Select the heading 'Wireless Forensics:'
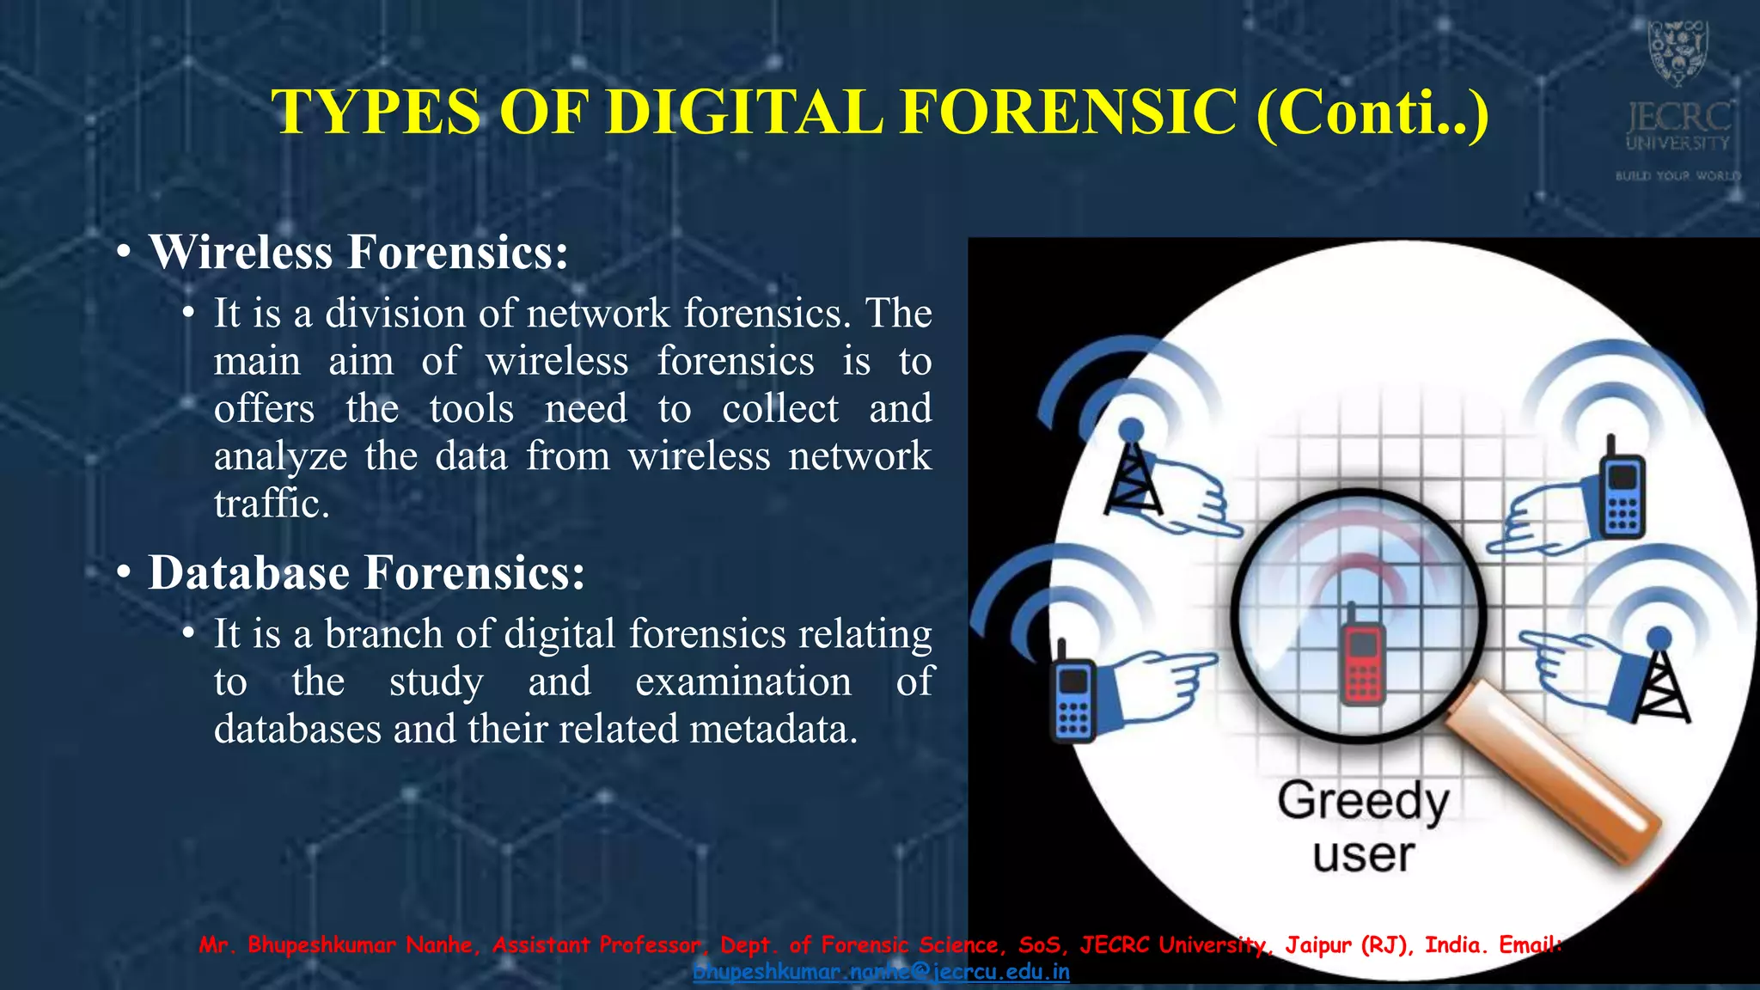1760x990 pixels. click(358, 253)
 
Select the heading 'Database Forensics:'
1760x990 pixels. click(367, 573)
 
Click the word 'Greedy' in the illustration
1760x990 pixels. click(1363, 802)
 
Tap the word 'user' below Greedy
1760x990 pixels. click(1363, 855)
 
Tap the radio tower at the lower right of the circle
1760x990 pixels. click(1660, 679)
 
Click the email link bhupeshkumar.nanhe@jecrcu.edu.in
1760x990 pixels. click(881, 972)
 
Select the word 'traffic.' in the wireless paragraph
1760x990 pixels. click(272, 504)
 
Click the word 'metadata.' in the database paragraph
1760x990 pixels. click(773, 730)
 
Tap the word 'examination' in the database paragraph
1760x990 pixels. click(743, 682)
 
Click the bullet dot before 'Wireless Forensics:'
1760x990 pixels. click(125, 254)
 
